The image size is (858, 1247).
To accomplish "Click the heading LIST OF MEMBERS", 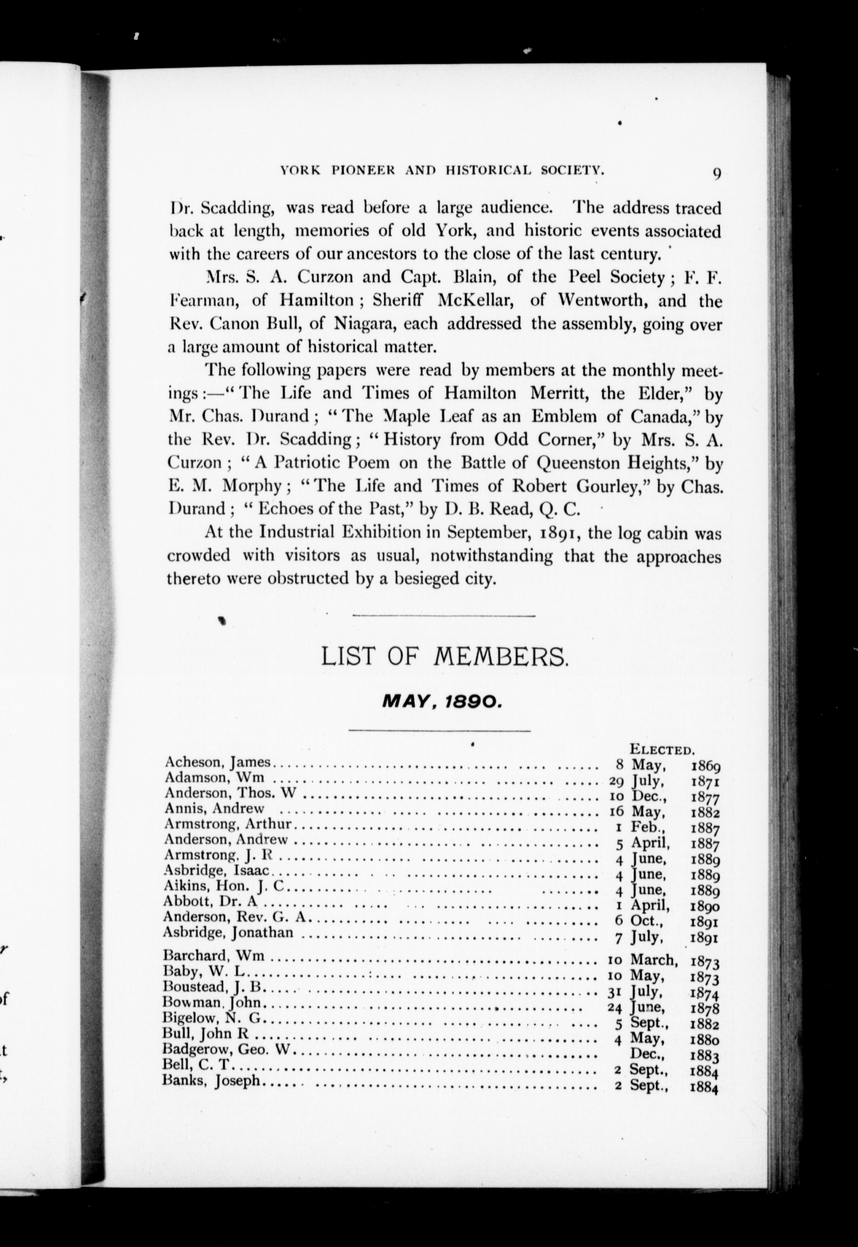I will click(x=444, y=657).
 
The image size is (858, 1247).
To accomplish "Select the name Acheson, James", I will click(x=217, y=762).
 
